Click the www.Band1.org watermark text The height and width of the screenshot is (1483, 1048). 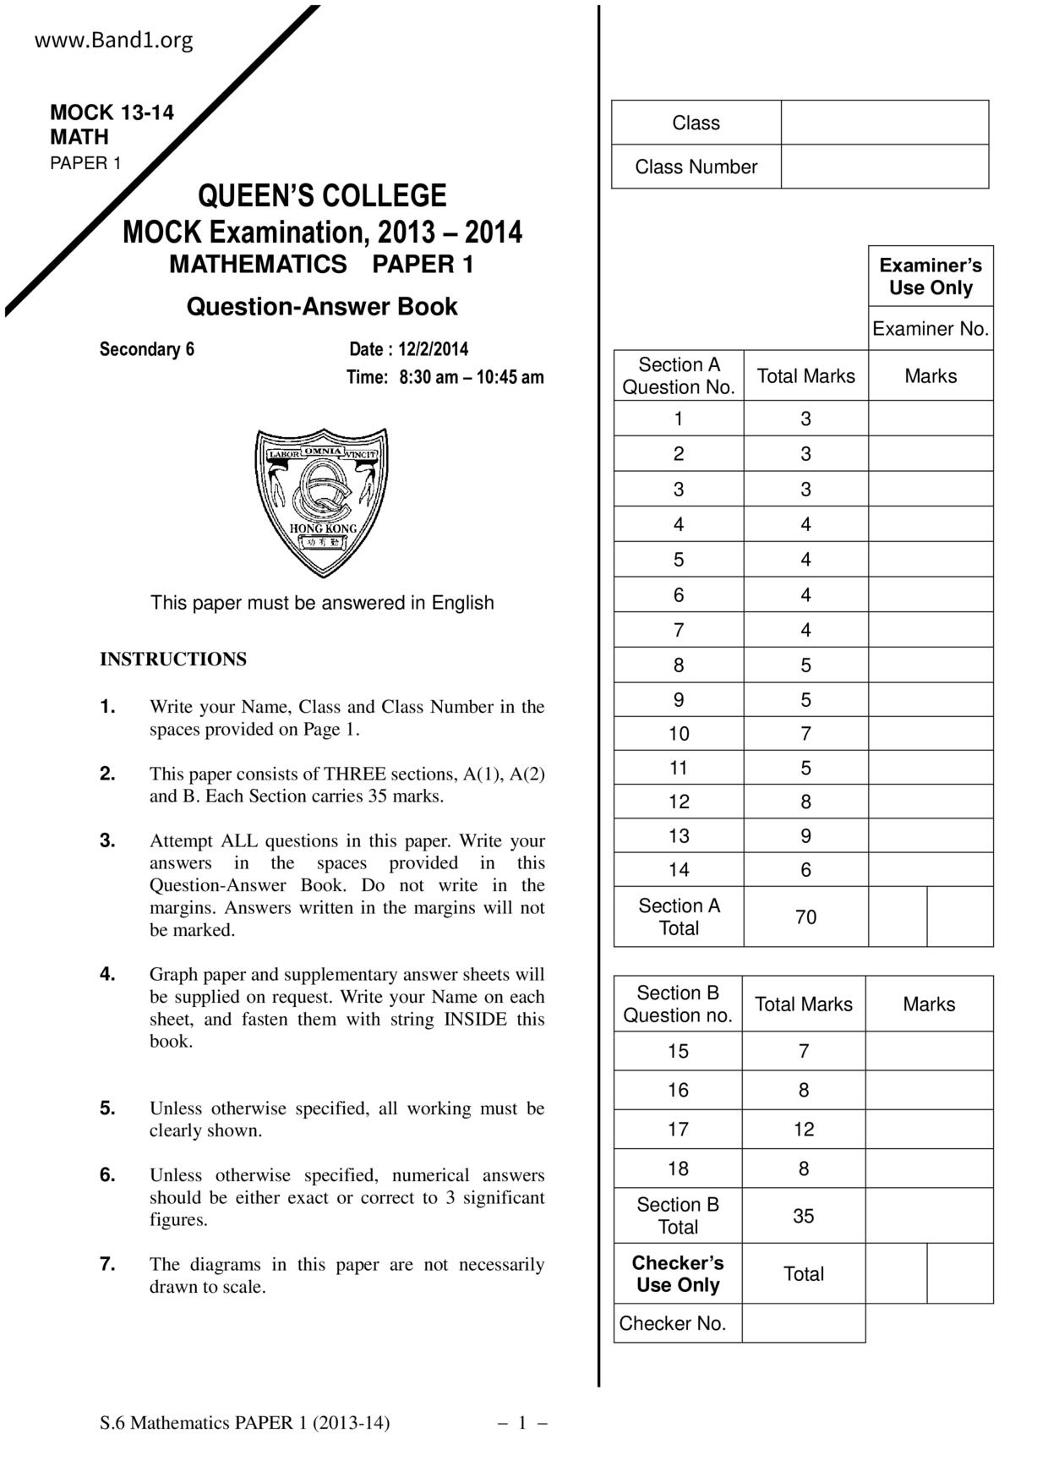pos(113,40)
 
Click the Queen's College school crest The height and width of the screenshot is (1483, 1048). pos(322,502)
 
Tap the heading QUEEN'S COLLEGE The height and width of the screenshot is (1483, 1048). pos(322,195)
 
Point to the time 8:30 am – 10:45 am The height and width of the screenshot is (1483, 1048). pos(471,377)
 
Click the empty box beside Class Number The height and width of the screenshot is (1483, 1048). pos(884,167)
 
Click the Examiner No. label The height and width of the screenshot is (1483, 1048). pos(930,329)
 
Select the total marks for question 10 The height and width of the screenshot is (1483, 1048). pos(805,734)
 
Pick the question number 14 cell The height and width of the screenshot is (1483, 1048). pos(679,869)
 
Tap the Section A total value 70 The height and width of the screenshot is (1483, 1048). pos(805,917)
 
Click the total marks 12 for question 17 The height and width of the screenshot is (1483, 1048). pos(803,1129)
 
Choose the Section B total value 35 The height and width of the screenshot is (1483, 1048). pos(803,1216)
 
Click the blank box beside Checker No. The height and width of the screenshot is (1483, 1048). pos(803,1323)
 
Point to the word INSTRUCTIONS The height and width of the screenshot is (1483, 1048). pos(173,659)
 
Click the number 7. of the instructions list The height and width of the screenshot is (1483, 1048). pos(107,1264)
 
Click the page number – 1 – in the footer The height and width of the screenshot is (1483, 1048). pos(522,1423)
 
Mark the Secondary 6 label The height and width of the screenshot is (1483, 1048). pos(147,349)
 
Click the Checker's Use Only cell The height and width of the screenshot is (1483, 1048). pos(678,1273)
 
